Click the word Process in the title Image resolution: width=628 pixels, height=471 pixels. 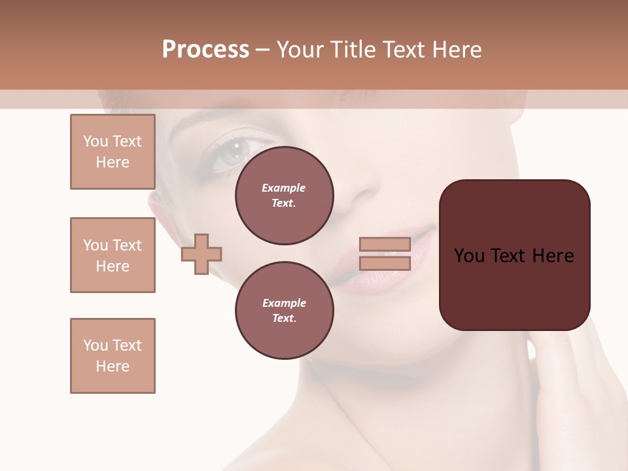pos(205,50)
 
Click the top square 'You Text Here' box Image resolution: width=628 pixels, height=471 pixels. pos(113,152)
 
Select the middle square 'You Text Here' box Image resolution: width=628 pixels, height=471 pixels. pos(113,255)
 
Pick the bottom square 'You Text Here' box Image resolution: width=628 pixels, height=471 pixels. pos(113,356)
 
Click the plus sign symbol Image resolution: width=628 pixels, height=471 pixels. pos(201,254)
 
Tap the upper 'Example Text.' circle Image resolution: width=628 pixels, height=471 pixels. pos(285,196)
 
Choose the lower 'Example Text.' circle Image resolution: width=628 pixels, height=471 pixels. pos(285,311)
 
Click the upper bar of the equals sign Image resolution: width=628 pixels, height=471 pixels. pos(385,245)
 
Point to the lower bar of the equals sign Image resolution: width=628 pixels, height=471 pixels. pos(385,263)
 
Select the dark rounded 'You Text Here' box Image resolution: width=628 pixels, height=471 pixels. pos(514,255)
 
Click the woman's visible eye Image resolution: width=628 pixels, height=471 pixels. pos(230,153)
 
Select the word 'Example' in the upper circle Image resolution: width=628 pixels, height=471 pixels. pos(284,188)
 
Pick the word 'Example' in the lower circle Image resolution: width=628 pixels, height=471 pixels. pos(284,303)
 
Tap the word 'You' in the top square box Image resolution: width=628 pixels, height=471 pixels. pos(95,141)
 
